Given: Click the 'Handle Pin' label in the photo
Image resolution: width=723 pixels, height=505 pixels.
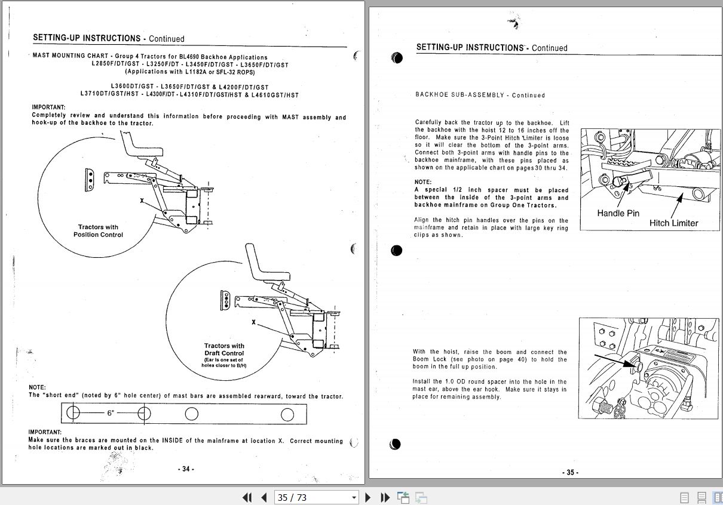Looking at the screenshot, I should coord(618,213).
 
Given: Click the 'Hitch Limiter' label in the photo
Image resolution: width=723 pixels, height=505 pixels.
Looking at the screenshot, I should coord(673,223).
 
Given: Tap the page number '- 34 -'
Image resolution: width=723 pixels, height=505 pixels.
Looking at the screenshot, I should coord(186,469).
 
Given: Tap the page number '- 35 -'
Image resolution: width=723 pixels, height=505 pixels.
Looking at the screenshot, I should coord(570,472).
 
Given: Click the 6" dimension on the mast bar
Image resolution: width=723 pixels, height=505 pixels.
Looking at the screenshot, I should coord(111,413).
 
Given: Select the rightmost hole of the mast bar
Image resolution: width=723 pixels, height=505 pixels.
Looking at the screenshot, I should coord(287,414).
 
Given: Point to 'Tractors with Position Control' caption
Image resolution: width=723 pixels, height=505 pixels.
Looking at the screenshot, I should coord(98,231).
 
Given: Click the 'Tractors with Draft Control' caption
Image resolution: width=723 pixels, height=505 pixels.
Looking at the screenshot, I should coord(224,349).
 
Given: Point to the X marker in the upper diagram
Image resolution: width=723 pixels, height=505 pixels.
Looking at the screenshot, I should coord(142,201).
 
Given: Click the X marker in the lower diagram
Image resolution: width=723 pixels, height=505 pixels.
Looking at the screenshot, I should coord(254,322).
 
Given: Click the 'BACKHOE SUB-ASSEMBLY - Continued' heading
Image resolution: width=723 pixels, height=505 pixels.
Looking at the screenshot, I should coord(480,95).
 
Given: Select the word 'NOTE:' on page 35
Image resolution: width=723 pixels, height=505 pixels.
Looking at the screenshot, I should coord(423,182).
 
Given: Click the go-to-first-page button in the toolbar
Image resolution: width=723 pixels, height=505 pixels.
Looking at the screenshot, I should coord(247,497).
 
